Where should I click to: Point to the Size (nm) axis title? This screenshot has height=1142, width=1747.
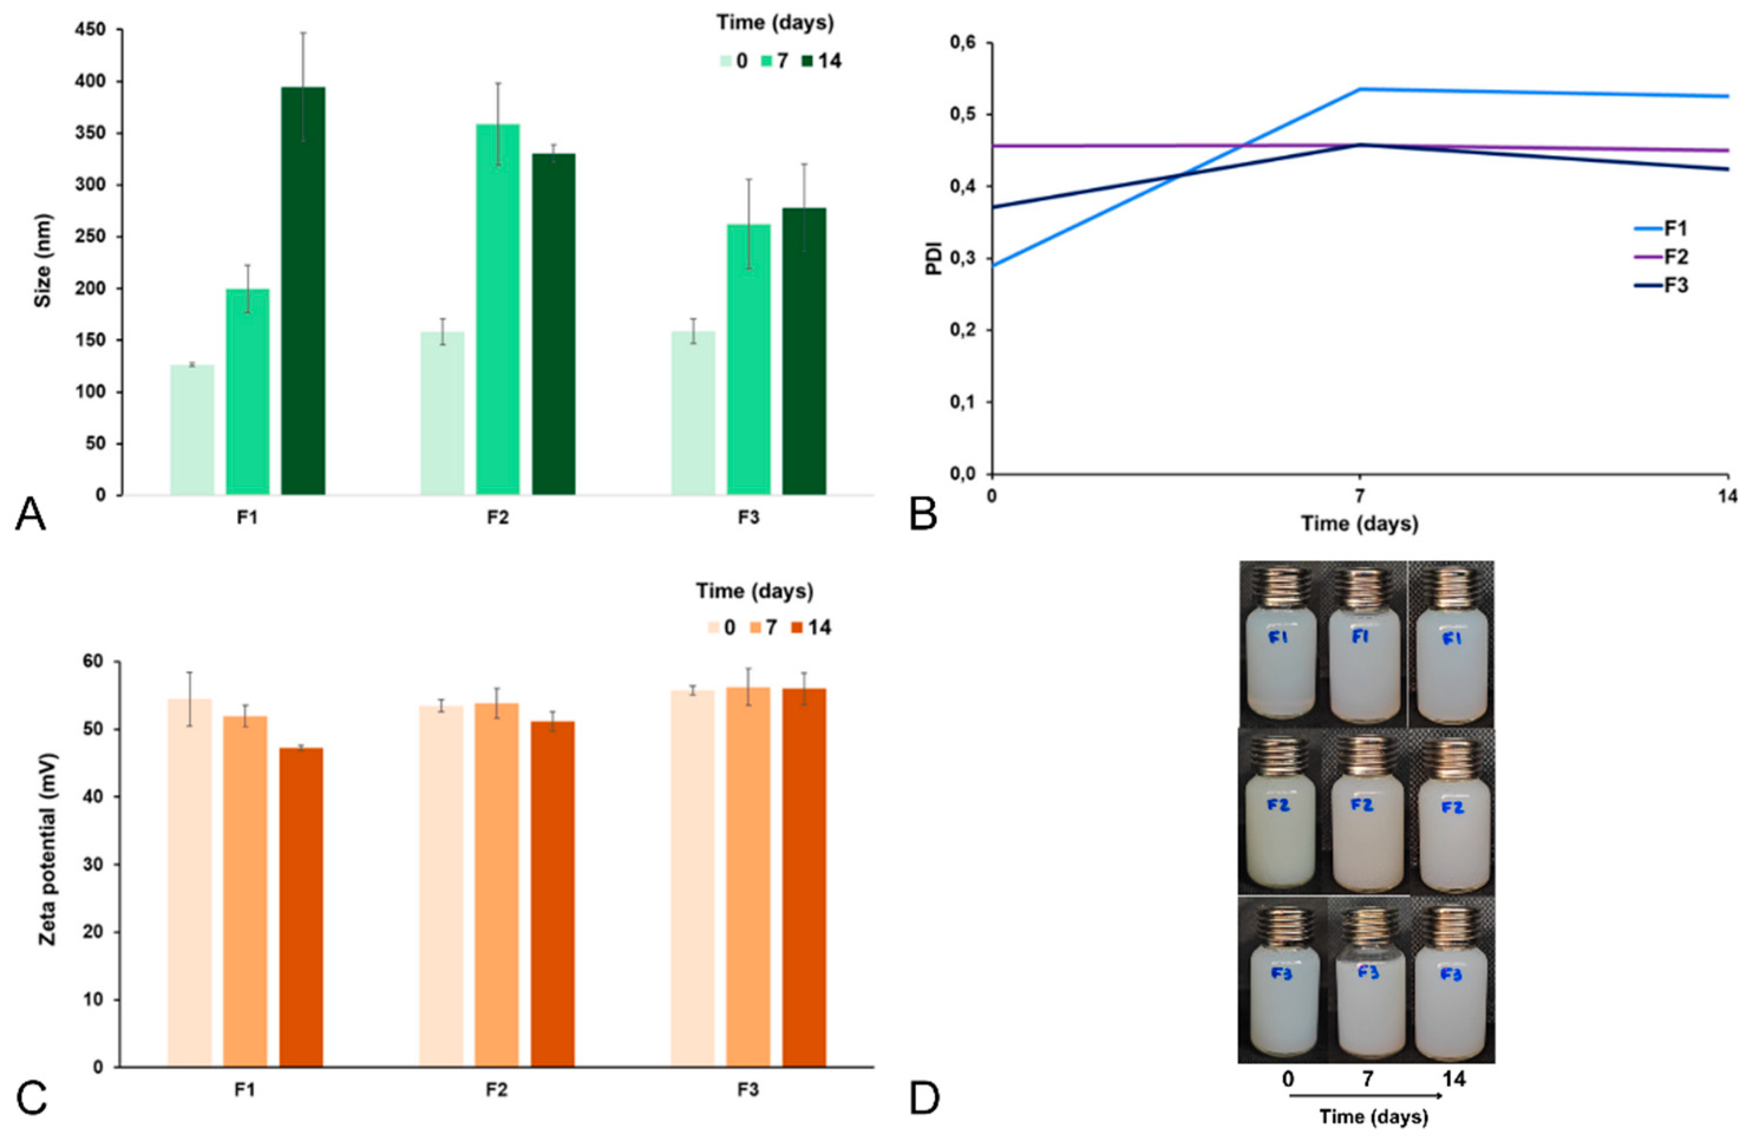[x=44, y=260]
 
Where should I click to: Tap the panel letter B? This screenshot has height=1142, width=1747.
[x=924, y=514]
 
